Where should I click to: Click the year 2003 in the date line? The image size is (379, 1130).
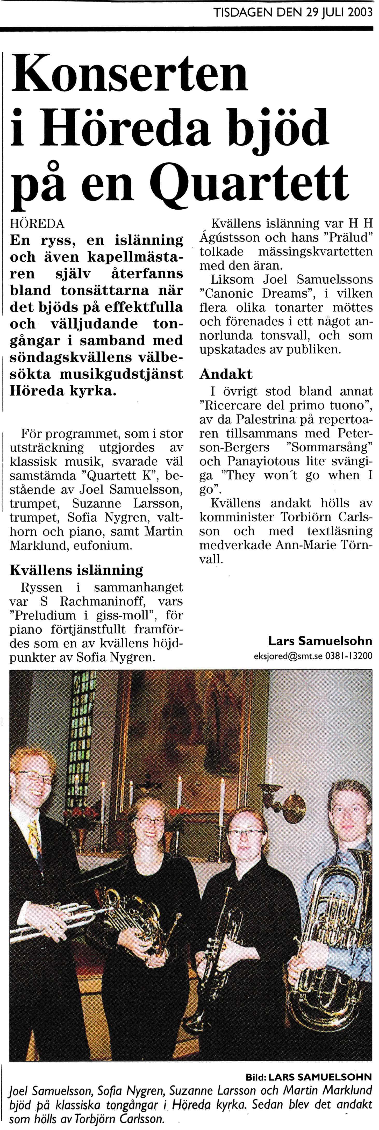tap(360, 13)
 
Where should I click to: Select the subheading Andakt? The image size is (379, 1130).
tap(226, 374)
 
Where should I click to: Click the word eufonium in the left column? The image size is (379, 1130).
tap(108, 546)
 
